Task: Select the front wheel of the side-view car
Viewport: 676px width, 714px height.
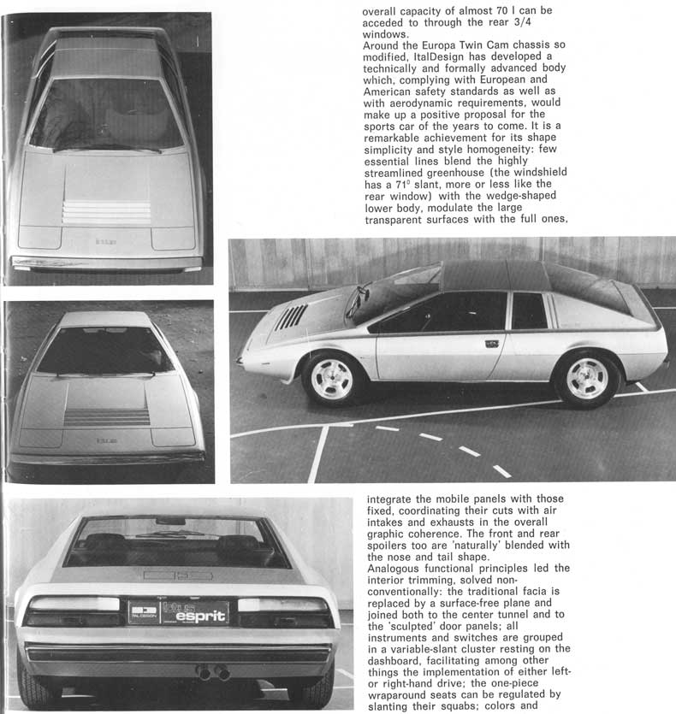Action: click(x=332, y=378)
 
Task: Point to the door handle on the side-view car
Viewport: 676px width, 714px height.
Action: click(x=492, y=344)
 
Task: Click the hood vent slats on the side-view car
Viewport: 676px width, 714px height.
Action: click(x=292, y=317)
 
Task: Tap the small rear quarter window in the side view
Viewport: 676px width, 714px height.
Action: click(x=529, y=311)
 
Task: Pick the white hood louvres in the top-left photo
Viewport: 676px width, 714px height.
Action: click(x=107, y=211)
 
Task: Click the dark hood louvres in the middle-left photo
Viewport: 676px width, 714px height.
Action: click(x=107, y=417)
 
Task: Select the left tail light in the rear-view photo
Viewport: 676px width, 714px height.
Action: click(x=72, y=611)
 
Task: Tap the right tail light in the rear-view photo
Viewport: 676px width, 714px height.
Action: click(x=284, y=611)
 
